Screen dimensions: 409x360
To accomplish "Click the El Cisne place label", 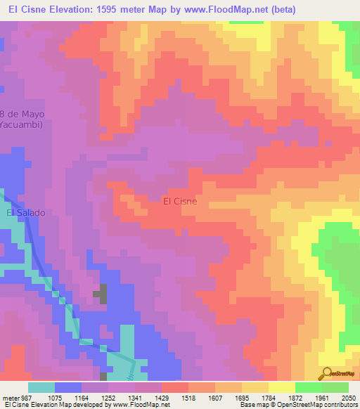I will (x=180, y=201).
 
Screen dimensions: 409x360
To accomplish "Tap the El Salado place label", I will (x=25, y=212).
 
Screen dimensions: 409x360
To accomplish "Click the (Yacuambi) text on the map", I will (x=21, y=125).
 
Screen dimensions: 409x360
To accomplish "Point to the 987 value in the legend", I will (x=24, y=397).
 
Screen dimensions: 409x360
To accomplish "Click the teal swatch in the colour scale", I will (x=41, y=387).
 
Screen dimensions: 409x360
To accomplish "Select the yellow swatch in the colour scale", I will (x=281, y=387).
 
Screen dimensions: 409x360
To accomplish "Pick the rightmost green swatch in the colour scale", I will (x=335, y=387).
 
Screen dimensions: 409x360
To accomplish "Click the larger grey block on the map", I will (x=103, y=293).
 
